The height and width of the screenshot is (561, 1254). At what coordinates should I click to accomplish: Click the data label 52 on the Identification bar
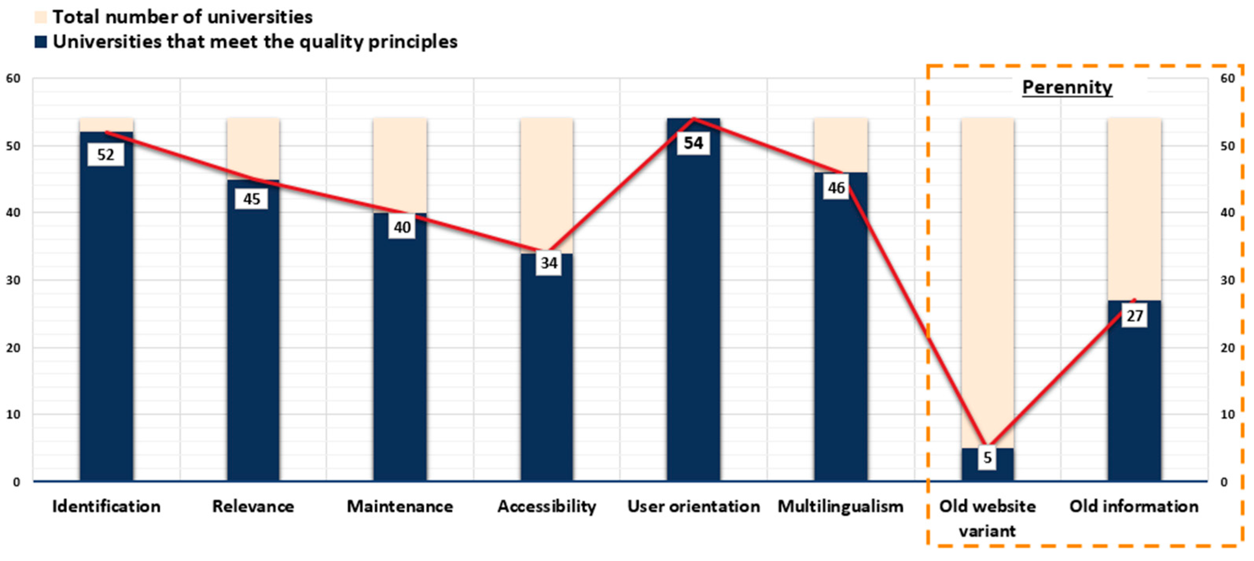[106, 155]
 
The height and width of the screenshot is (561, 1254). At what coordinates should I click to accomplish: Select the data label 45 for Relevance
[251, 199]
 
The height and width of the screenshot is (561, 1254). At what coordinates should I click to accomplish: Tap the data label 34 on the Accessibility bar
[549, 263]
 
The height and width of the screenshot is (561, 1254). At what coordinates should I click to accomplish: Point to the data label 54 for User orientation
[693, 143]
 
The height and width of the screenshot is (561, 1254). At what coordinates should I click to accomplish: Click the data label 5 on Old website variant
[987, 458]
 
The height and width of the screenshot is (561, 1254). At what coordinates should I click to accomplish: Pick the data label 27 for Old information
[1134, 316]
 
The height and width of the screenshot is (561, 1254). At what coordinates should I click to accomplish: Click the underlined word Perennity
[1067, 87]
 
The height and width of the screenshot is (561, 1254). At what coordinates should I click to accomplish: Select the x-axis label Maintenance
[400, 506]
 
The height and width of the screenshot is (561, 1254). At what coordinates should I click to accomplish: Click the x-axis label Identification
[106, 506]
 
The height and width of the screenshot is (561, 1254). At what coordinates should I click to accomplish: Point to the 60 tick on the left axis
[13, 78]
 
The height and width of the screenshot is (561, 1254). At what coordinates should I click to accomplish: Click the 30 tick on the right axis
[1228, 280]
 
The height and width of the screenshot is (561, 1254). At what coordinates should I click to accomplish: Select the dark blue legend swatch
[40, 42]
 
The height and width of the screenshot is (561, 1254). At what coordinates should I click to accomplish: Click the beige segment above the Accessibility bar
[547, 185]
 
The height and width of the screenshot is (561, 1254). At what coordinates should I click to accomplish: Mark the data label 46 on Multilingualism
[836, 188]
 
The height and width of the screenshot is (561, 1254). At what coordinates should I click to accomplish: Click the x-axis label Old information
[1134, 506]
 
